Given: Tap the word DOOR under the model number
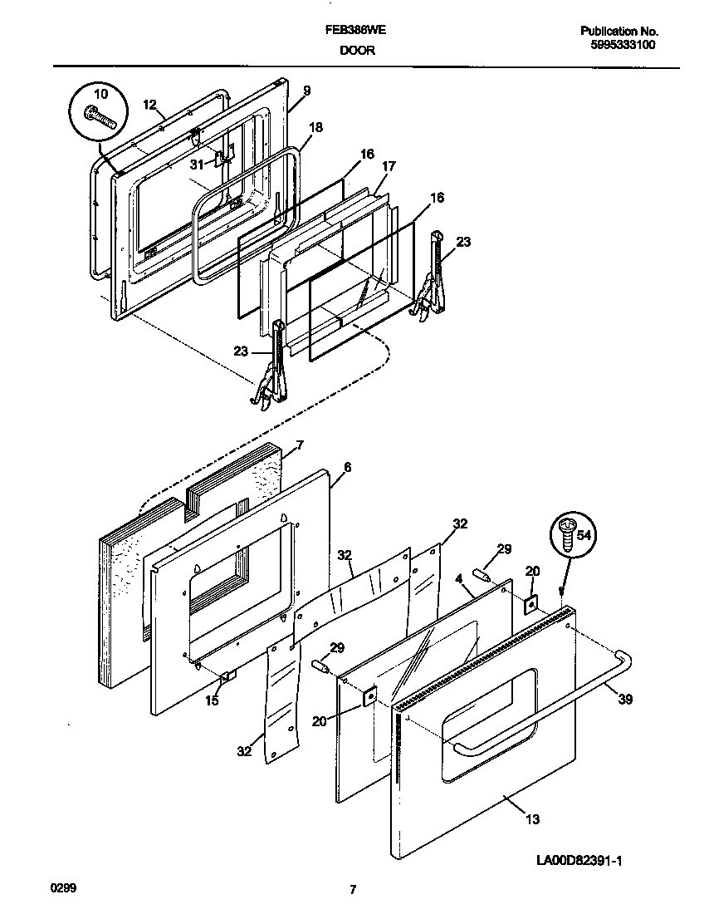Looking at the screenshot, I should [x=357, y=50].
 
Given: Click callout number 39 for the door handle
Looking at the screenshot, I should [x=625, y=700].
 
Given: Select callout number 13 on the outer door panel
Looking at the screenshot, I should [x=532, y=819].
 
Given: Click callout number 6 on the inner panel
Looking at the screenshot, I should [x=347, y=468].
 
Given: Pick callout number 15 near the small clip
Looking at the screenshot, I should [x=212, y=701].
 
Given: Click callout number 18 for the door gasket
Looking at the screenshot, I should [x=315, y=127].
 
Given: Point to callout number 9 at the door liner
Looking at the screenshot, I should [x=306, y=91].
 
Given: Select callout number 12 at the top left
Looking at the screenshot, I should [x=149, y=104].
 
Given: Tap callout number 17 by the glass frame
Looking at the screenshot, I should [x=389, y=166].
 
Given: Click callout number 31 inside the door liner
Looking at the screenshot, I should [x=196, y=163].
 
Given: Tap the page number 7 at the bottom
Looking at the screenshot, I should [x=353, y=890].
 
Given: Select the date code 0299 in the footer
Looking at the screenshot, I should [x=64, y=888].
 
